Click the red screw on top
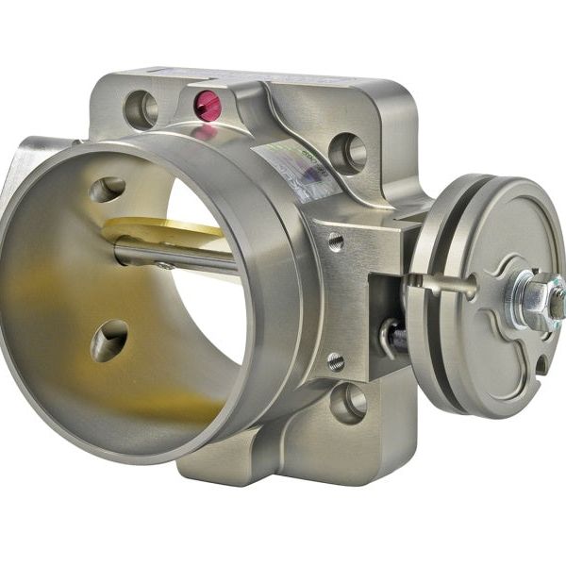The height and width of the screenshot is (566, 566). (207, 105)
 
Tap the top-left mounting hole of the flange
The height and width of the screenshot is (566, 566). (141, 108)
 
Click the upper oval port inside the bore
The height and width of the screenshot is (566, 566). (108, 189)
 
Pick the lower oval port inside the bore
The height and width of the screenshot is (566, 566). (109, 340)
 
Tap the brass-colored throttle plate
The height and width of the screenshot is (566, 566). (160, 230)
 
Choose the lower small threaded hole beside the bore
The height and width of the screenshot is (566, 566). (336, 361)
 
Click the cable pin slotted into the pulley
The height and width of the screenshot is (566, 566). (443, 282)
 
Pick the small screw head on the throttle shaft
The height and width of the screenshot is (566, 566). (166, 265)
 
